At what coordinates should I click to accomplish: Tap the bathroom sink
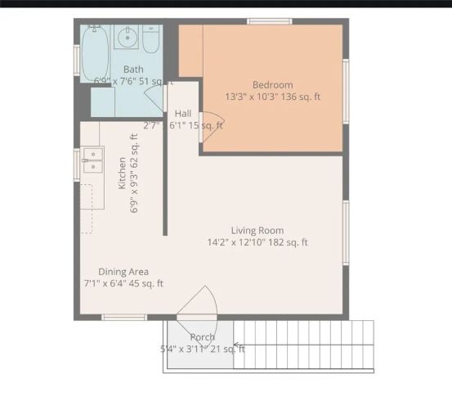tap(128, 38)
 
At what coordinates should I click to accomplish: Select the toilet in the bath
tap(151, 38)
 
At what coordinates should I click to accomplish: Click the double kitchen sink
tap(92, 160)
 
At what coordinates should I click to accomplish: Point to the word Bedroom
tap(272, 85)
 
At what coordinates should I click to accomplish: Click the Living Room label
tap(257, 230)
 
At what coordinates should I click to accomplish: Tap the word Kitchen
tap(123, 174)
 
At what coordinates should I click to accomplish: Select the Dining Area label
tap(123, 272)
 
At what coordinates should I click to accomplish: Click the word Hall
tap(182, 113)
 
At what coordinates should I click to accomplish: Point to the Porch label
tap(202, 337)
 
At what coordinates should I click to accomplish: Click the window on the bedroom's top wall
tap(270, 21)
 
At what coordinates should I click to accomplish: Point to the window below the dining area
tap(124, 317)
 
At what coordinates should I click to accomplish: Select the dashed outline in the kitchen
tap(90, 209)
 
